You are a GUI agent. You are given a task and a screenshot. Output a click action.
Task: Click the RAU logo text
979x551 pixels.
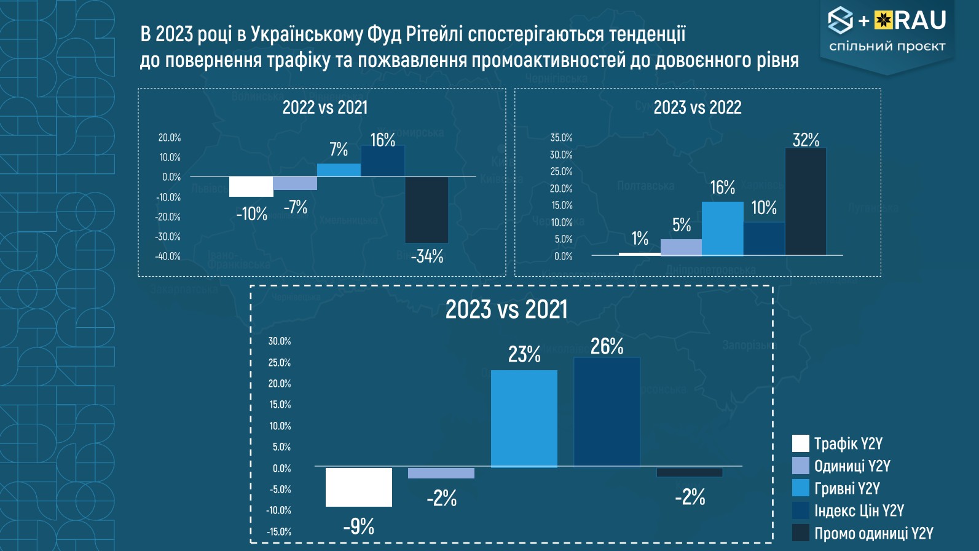point(919,21)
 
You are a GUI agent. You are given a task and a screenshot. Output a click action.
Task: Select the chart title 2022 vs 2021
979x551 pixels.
point(325,108)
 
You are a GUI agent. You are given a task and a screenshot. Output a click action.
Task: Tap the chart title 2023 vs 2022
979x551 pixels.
point(698,108)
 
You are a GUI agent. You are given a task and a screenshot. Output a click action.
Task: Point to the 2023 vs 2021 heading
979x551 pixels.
point(506,309)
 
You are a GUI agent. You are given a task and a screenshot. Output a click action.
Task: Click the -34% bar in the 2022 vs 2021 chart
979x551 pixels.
point(427,209)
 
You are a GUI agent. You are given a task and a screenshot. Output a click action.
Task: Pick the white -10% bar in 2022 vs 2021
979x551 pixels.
point(251,186)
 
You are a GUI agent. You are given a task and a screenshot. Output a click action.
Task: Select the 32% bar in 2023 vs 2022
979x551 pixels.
point(806,202)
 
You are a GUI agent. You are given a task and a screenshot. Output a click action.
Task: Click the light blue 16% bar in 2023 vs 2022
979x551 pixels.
point(723,228)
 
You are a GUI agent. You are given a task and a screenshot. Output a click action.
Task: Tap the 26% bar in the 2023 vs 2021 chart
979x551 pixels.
point(607,411)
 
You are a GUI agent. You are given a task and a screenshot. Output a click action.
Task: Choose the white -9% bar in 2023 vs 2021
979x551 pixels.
point(359,487)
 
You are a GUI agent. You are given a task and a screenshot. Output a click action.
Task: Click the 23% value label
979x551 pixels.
point(524,354)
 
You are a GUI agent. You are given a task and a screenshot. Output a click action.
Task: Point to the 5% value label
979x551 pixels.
point(682,225)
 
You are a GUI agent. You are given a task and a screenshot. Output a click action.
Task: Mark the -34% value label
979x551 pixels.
point(427,256)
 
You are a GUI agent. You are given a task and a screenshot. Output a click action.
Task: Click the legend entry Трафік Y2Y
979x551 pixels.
point(848,443)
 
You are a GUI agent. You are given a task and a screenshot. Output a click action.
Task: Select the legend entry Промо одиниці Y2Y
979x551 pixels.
point(873,533)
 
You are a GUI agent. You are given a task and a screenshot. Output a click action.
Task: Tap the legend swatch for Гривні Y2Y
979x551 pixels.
point(801,488)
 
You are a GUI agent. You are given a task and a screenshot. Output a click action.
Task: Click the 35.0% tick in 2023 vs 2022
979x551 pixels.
point(561,138)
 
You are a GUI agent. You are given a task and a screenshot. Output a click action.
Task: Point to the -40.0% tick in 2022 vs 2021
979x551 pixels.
point(168,256)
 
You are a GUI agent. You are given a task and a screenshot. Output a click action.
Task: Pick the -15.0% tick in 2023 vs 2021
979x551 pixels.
point(279,532)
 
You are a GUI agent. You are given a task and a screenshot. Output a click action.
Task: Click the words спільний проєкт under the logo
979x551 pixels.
point(887,47)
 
